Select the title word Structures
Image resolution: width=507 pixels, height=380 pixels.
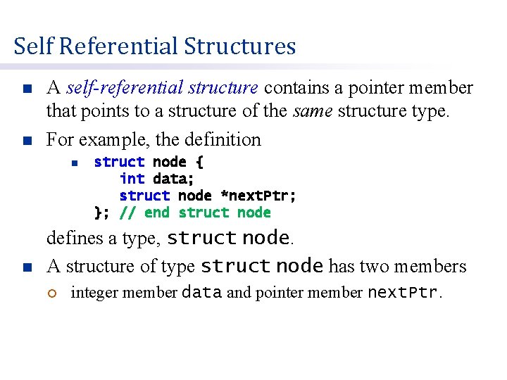coord(240,46)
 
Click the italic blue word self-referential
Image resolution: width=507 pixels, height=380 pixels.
coord(162,88)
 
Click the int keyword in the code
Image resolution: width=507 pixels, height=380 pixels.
coord(132,179)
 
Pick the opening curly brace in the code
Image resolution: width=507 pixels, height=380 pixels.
coord(199,162)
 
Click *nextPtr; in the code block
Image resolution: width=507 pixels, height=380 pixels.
coord(258,196)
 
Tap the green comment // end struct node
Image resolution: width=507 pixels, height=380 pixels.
coord(195,213)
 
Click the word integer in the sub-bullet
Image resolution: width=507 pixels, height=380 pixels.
coord(92,293)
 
